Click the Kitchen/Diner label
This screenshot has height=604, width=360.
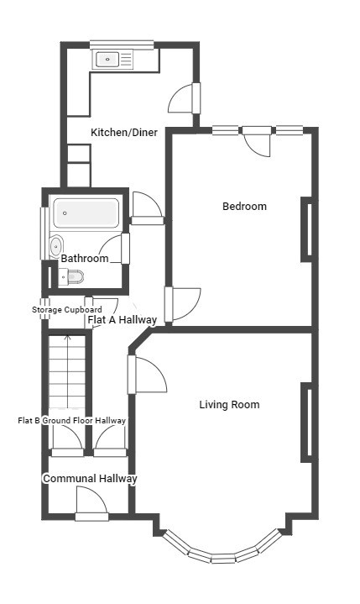(x=124, y=133)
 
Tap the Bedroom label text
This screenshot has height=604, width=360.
(x=245, y=206)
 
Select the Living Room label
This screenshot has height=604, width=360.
(x=229, y=404)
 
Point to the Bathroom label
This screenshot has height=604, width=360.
(x=85, y=258)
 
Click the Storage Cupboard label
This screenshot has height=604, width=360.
(x=67, y=310)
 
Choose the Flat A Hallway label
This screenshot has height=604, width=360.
(x=123, y=320)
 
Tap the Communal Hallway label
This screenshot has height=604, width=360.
(x=90, y=479)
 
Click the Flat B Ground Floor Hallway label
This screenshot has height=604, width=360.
(x=72, y=420)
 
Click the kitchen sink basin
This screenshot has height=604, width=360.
(x=107, y=60)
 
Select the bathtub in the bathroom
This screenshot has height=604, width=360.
(x=86, y=213)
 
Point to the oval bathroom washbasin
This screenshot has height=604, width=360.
(x=56, y=245)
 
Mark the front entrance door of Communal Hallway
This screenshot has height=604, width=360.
(x=91, y=504)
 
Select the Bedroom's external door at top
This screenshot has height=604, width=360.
(x=257, y=141)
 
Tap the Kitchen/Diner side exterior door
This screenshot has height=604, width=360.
(x=185, y=98)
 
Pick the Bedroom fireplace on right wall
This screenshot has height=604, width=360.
(x=308, y=229)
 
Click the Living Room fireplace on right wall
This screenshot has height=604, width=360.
(x=308, y=423)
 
